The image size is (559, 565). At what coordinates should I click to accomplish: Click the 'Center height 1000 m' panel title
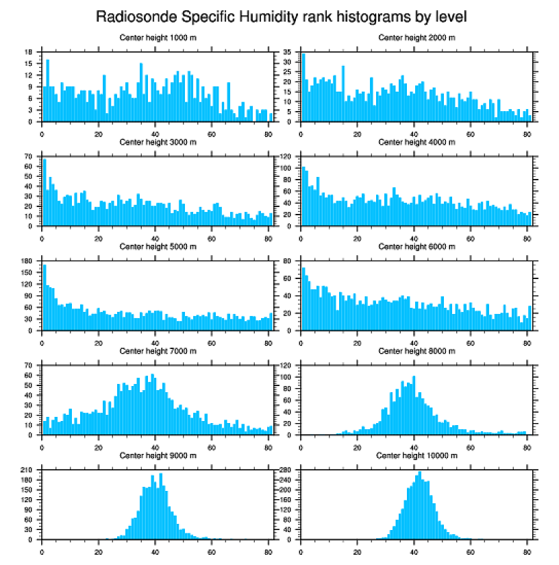158,38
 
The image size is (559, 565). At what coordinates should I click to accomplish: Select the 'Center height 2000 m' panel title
417,38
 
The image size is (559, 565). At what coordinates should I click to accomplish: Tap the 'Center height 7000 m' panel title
158,351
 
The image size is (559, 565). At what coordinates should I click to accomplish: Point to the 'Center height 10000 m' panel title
417,455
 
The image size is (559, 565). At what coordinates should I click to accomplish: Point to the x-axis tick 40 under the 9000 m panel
156,550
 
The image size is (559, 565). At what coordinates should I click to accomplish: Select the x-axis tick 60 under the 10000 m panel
471,550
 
